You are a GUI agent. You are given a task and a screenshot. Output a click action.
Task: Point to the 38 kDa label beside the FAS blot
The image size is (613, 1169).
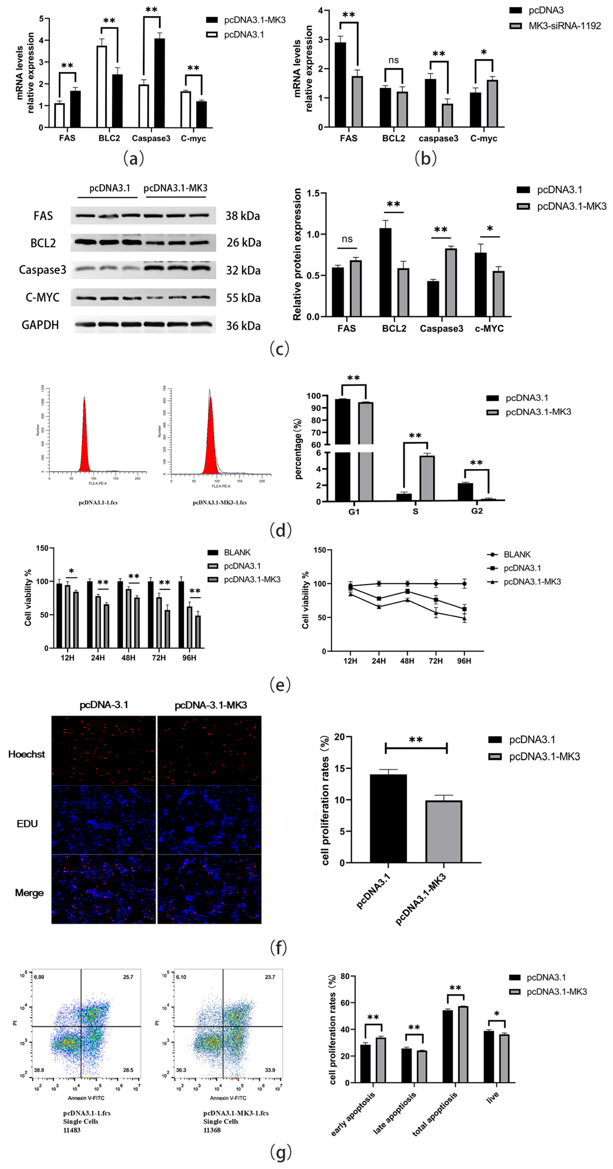click(243, 216)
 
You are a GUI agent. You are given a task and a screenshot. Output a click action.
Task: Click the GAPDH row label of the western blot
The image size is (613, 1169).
click(40, 325)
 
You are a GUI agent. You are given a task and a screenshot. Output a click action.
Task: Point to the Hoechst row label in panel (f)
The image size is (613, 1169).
click(27, 754)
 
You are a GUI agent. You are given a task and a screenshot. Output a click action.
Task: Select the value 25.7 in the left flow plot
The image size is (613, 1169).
click(128, 977)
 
